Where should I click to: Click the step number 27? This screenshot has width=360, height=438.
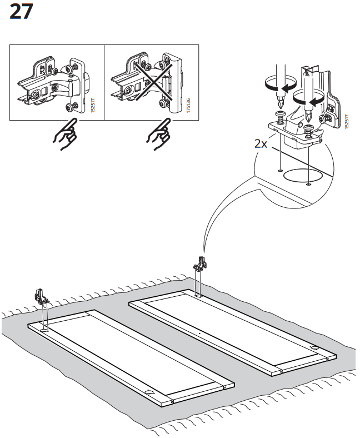point(21,12)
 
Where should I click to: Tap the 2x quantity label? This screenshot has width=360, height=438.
point(261,143)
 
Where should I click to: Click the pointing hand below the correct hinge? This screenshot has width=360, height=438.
point(65,136)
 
